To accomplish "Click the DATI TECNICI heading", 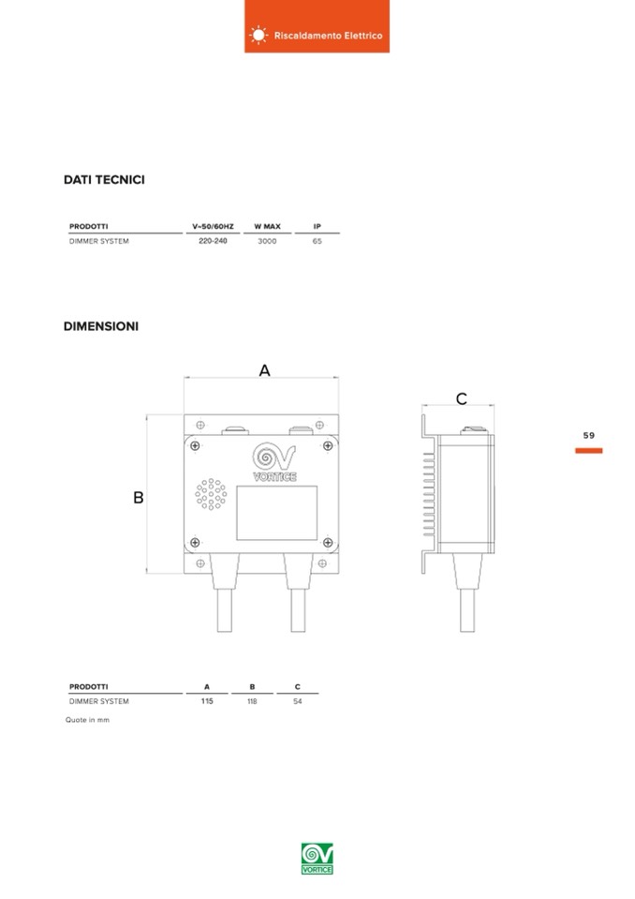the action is [104, 179].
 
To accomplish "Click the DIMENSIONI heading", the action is [101, 326].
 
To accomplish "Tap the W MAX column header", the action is [268, 227].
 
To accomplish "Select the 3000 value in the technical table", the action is [267, 241].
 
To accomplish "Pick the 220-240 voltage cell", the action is [213, 241].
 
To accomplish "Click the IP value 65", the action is [317, 241].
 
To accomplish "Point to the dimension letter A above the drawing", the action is [264, 370].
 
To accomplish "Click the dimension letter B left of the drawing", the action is [138, 497].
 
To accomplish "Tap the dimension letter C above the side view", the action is [462, 398].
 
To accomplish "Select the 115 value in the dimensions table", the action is [207, 701].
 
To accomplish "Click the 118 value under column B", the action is [252, 701].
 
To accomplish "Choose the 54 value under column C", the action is [298, 701].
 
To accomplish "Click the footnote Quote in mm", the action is [87, 720].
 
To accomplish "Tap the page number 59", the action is [588, 436].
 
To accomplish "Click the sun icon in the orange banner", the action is [258, 35].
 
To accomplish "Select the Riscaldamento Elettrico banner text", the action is [328, 36].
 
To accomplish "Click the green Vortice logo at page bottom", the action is [317, 859].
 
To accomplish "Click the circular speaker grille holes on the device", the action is [211, 494].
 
